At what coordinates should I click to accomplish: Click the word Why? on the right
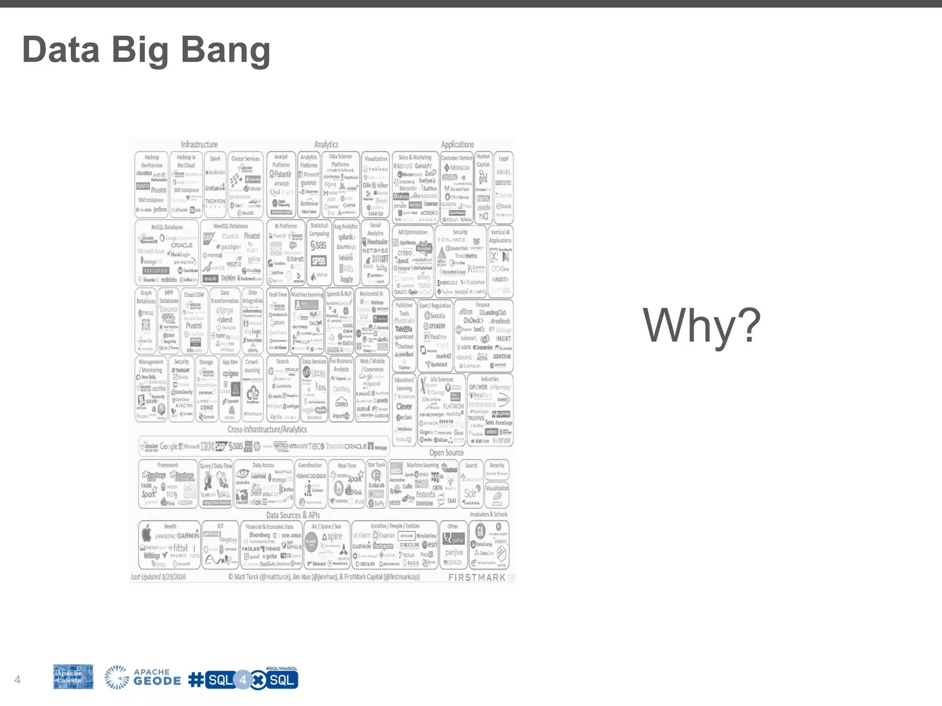(701, 326)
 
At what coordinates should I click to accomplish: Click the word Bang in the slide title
(225, 51)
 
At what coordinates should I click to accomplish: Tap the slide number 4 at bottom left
(17, 679)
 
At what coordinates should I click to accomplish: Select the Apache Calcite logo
(73, 677)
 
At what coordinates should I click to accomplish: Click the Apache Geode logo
(143, 678)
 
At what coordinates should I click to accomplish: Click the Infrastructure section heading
(199, 144)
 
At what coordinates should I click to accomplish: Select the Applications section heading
(457, 144)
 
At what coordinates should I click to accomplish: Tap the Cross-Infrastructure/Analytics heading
(267, 429)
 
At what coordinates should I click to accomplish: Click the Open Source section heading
(446, 453)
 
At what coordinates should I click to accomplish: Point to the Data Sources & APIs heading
(293, 515)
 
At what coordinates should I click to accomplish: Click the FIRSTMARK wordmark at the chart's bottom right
(477, 577)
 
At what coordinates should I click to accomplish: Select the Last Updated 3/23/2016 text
(158, 577)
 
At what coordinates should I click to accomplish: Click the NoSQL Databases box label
(167, 227)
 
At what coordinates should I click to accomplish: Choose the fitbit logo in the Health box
(180, 547)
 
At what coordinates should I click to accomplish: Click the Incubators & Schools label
(488, 514)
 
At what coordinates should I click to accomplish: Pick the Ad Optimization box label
(413, 232)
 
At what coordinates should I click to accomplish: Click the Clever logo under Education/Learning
(404, 406)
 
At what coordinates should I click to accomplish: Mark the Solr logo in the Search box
(470, 493)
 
